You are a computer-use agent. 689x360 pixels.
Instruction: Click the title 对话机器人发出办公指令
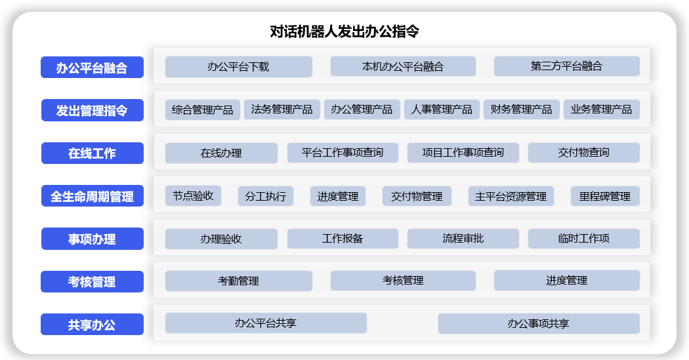(344, 31)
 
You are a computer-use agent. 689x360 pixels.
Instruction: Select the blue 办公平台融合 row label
(92, 68)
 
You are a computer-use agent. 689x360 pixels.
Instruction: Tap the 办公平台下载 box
(238, 66)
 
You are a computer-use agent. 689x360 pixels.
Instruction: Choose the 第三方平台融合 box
(566, 66)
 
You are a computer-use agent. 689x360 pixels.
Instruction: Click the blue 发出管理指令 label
(92, 111)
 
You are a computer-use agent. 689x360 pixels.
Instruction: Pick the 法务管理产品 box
(282, 110)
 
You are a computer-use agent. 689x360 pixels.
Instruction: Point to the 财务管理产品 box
(522, 110)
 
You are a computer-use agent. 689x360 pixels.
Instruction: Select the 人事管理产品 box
(442, 110)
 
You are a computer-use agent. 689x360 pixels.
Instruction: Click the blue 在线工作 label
(92, 153)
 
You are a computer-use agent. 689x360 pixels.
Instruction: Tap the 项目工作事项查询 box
(463, 153)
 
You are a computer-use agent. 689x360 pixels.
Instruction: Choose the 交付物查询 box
(583, 153)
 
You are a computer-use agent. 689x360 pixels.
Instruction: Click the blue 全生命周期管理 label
(92, 196)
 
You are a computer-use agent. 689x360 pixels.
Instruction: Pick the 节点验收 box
(193, 195)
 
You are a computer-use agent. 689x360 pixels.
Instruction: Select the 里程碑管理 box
(604, 196)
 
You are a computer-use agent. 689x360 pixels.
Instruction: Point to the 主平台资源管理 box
(511, 196)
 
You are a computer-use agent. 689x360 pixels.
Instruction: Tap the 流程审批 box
(463, 239)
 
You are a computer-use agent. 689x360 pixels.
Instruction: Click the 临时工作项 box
(583, 239)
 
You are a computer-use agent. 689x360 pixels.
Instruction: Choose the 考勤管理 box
(238, 281)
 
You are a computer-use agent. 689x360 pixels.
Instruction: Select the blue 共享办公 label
(92, 325)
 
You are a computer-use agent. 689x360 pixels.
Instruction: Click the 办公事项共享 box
(538, 323)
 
